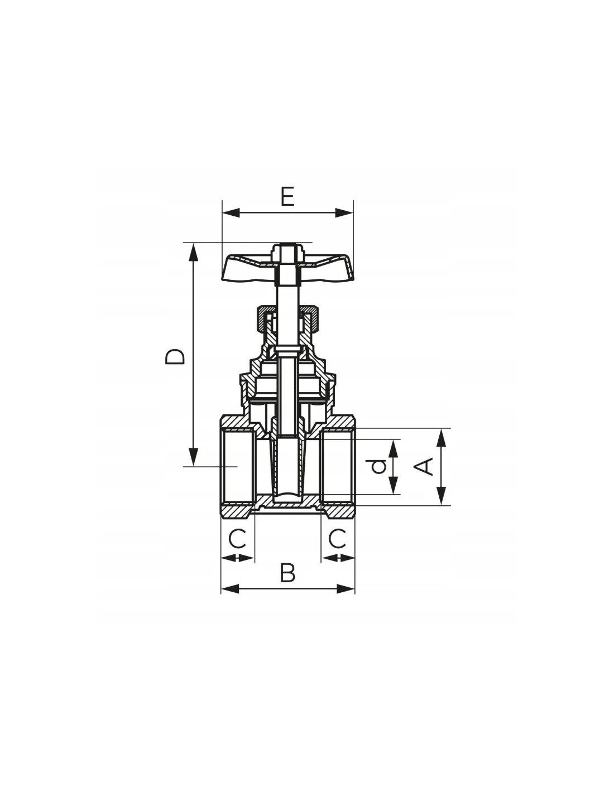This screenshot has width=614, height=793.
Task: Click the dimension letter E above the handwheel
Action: (287, 196)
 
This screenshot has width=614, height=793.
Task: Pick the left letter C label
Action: (237, 539)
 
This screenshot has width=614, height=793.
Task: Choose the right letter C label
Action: (337, 539)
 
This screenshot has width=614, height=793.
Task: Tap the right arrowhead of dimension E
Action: (344, 213)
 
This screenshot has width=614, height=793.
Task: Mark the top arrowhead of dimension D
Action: (193, 252)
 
